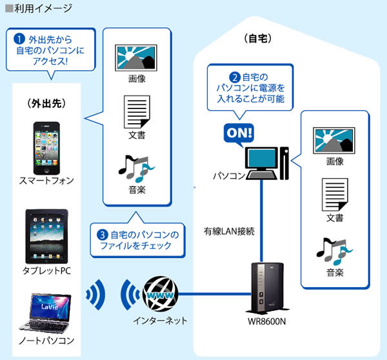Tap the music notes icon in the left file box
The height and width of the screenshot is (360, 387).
(136, 170)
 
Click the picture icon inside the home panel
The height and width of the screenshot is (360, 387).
(334, 139)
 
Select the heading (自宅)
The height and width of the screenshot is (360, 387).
(259, 39)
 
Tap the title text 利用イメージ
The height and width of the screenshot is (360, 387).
(39, 8)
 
